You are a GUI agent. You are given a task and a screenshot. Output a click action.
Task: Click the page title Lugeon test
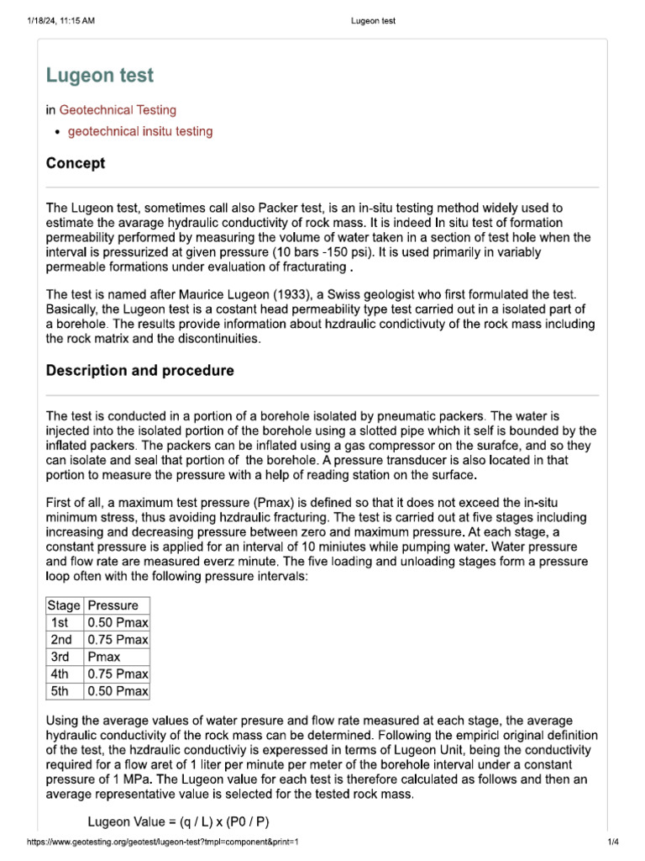click(x=100, y=76)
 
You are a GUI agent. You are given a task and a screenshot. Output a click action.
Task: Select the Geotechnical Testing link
click(x=118, y=109)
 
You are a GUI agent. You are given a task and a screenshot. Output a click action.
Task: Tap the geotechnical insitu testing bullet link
click(x=140, y=131)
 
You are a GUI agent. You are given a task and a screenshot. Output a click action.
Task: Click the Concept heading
click(x=76, y=163)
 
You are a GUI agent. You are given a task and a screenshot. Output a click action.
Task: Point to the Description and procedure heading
click(x=140, y=371)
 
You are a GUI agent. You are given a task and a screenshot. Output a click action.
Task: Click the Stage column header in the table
click(x=64, y=605)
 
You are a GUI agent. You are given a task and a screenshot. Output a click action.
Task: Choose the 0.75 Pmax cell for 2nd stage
click(x=117, y=640)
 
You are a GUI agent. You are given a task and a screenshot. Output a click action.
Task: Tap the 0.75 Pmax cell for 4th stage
click(x=117, y=674)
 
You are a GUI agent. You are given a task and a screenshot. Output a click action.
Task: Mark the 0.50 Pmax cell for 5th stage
click(x=117, y=691)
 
